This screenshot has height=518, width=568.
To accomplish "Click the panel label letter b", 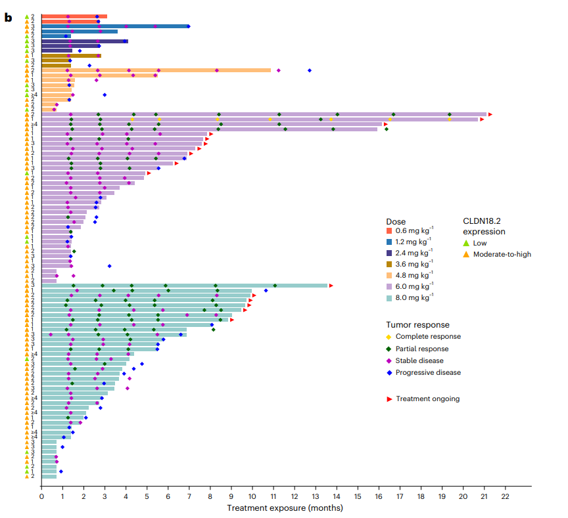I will click(8, 17).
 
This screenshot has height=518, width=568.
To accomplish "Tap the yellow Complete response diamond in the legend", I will click(389, 337).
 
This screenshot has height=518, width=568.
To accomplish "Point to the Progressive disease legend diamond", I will click(389, 372).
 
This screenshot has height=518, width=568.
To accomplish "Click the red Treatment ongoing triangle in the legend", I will click(389, 399).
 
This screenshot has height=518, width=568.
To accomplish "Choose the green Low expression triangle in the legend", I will click(466, 243).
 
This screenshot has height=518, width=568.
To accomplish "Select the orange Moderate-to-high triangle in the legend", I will click(466, 254).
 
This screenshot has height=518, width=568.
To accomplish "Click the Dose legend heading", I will click(396, 222).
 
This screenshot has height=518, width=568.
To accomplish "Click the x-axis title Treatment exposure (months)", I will click(285, 507).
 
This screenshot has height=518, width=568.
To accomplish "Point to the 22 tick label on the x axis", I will click(505, 496).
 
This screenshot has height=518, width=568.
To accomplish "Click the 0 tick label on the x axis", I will click(41, 496).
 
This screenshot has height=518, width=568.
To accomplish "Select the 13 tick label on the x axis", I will click(316, 496).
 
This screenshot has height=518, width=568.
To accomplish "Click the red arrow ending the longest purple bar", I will click(490, 114).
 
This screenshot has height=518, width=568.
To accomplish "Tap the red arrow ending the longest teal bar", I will click(331, 286).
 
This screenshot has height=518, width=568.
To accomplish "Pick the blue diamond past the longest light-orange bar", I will click(310, 70).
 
